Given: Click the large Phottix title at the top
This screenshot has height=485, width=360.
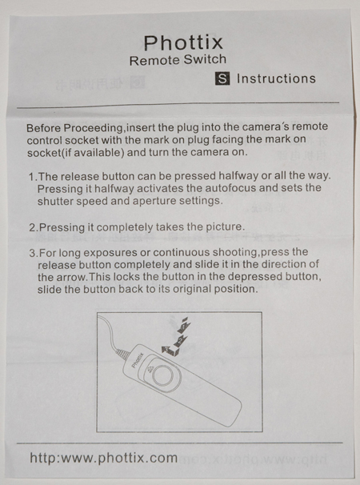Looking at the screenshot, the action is [183, 42].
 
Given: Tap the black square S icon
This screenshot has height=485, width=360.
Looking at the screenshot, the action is [222, 78].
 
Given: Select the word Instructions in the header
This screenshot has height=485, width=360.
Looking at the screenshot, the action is [276, 78].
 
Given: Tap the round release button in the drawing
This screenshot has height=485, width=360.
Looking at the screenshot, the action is [164, 375].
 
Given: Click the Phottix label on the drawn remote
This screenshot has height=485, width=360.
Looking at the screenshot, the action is [138, 360].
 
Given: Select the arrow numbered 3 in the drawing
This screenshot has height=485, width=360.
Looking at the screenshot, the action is [168, 351].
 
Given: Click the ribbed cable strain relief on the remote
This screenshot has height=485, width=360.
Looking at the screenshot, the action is [122, 354].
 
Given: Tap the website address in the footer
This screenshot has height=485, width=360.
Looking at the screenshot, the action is [104, 458].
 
